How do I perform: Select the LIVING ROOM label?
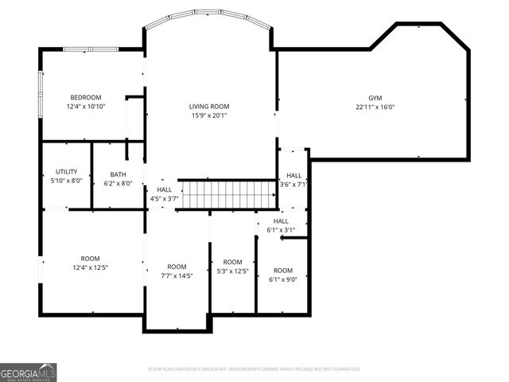[209, 106]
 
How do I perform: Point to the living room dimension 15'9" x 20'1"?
[209, 115]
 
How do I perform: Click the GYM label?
[375, 97]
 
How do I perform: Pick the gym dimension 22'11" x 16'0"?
[375, 107]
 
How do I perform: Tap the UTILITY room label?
[66, 171]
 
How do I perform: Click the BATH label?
[119, 174]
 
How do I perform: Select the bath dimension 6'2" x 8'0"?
[119, 184]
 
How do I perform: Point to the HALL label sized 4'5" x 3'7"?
[164, 189]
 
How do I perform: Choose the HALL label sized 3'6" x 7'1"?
[293, 175]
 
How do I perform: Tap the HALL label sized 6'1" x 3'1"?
[281, 221]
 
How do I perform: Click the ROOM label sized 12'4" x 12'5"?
[90, 258]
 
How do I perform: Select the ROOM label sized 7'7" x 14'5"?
[177, 267]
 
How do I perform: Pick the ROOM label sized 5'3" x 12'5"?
[232, 262]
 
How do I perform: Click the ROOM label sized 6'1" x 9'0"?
[282, 270]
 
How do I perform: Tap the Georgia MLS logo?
[29, 372]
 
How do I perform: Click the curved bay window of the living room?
[208, 14]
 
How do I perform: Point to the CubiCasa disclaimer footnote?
[254, 369]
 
